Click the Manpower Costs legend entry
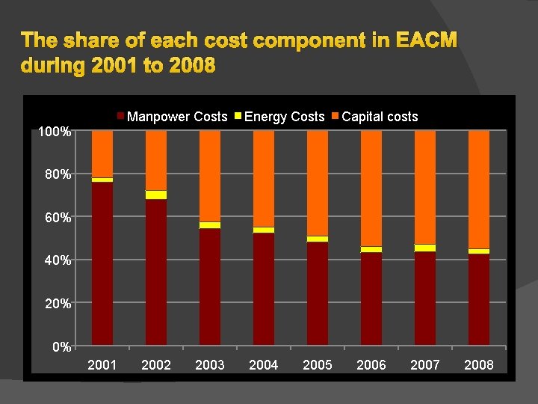177,117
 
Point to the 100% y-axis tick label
55,132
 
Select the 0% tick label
62,347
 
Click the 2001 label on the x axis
102,365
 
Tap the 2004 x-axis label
264,365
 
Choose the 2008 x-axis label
479,365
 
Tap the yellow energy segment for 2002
156,195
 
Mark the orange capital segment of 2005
318,183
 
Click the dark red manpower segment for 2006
371,299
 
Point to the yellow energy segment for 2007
425,248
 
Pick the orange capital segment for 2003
210,176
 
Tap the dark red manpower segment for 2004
264,289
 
